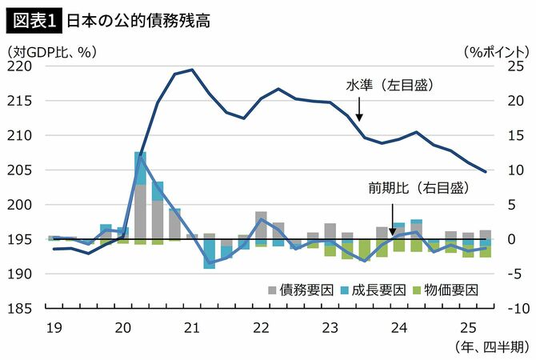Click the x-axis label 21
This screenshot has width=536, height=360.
pyautogui.click(x=192, y=327)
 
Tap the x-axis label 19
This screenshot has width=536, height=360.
pyautogui.click(x=54, y=327)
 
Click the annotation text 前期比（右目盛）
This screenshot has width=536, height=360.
pyautogui.click(x=417, y=188)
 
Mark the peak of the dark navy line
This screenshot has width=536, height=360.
pyautogui.click(x=191, y=70)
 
